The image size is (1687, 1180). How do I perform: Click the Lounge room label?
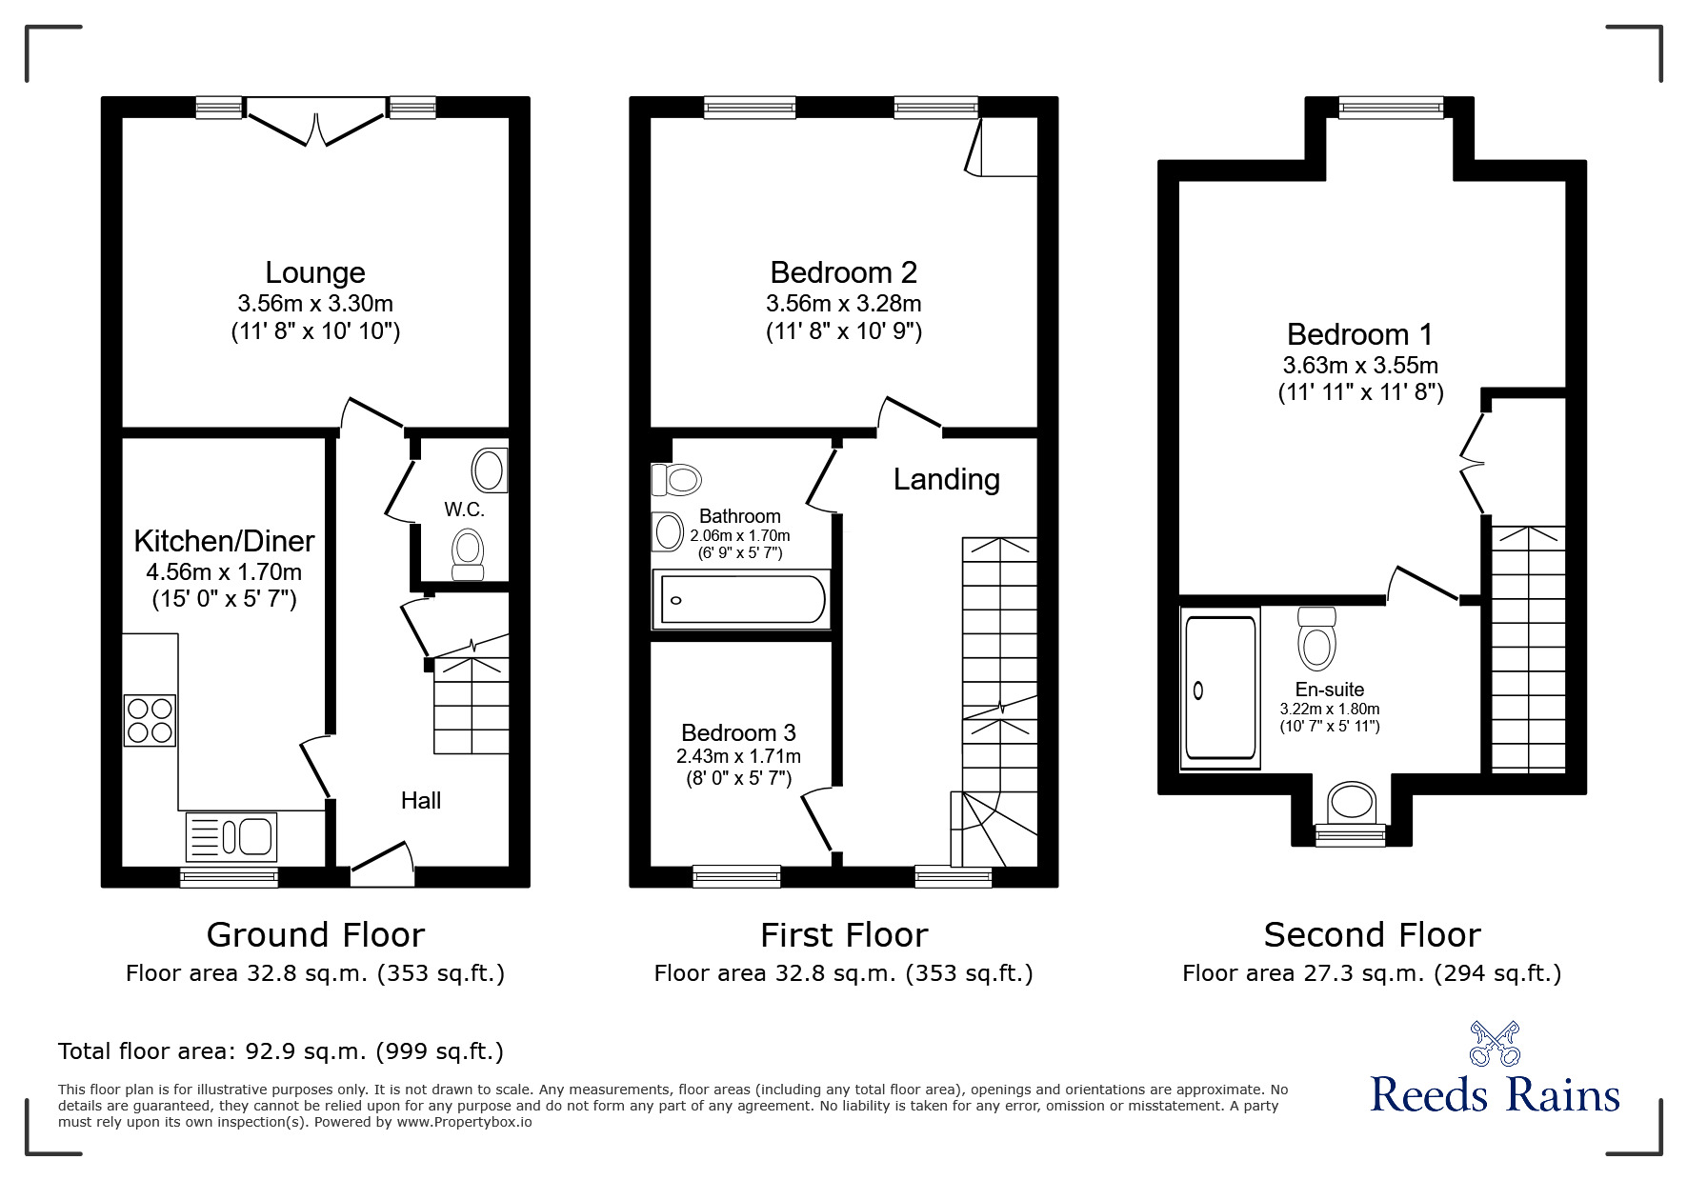pyautogui.click(x=315, y=272)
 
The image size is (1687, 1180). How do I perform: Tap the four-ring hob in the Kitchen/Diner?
pyautogui.click(x=151, y=720)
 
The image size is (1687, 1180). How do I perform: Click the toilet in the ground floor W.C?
pyautogui.click(x=467, y=554)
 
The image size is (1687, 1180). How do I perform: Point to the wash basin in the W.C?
pyautogui.click(x=490, y=470)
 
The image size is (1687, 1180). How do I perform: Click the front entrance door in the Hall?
pyautogui.click(x=382, y=859)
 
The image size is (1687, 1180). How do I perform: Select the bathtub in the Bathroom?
pyautogui.click(x=740, y=600)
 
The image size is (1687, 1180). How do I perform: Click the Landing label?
pyautogui.click(x=946, y=479)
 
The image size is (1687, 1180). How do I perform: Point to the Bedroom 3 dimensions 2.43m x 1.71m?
pyautogui.click(x=738, y=756)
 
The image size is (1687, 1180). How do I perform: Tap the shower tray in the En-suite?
pyautogui.click(x=1220, y=688)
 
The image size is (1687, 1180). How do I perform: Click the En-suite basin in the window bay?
pyautogui.click(x=1351, y=802)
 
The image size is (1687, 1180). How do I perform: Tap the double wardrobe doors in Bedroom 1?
pyautogui.click(x=1472, y=464)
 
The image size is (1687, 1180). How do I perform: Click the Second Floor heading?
pyautogui.click(x=1372, y=935)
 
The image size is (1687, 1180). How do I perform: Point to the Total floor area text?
pyautogui.click(x=281, y=1051)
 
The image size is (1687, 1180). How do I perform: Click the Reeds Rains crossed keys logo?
pyautogui.click(x=1495, y=1044)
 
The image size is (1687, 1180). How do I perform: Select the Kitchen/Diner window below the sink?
pyautogui.click(x=230, y=876)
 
